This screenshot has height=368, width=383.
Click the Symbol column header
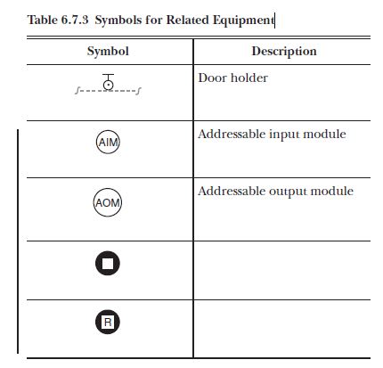point(108,52)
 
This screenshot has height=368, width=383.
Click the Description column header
point(283,52)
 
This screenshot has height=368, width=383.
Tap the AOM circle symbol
point(108,202)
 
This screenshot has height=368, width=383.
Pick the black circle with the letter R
point(108,322)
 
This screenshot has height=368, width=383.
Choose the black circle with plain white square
point(108,264)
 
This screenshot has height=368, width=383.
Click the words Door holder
point(232,78)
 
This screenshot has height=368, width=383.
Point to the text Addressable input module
point(272,135)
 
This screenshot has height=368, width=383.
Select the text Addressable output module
point(275,192)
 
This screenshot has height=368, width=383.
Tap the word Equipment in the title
point(241,19)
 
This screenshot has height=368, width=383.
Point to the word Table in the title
point(42,19)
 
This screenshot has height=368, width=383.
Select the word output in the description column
point(290,192)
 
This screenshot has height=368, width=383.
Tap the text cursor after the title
point(274,18)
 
